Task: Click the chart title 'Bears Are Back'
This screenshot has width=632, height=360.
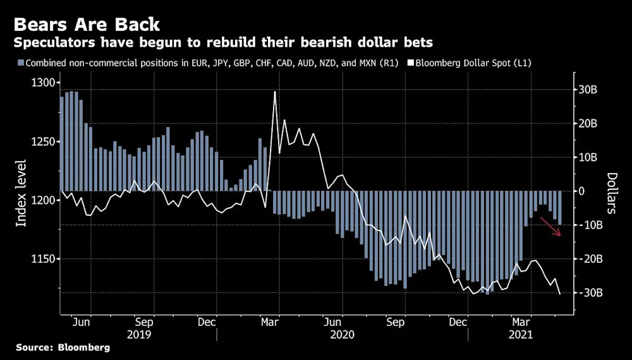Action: pyautogui.click(x=87, y=25)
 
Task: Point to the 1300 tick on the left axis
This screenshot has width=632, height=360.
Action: pyautogui.click(x=44, y=83)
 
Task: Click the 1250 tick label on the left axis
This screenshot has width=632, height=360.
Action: pyautogui.click(x=44, y=141)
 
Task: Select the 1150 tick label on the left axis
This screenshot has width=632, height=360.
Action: pyautogui.click(x=44, y=259)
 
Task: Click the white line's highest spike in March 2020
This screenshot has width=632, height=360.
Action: pyautogui.click(x=274, y=92)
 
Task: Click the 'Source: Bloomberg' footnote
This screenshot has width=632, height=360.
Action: pyautogui.click(x=63, y=347)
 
